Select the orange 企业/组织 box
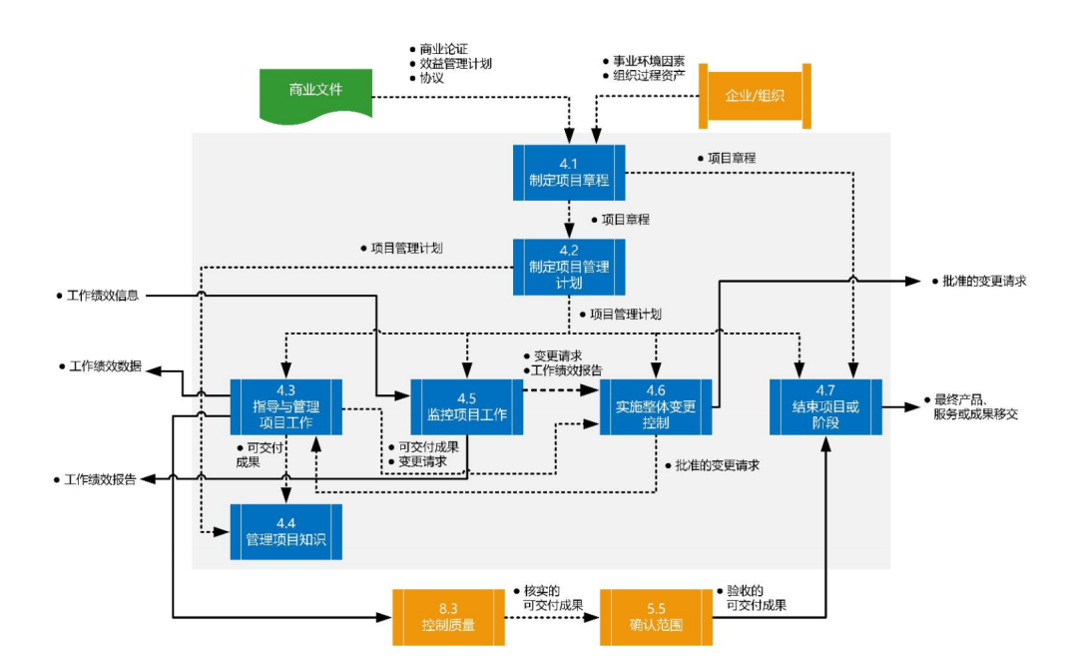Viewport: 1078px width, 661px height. pyautogui.click(x=754, y=96)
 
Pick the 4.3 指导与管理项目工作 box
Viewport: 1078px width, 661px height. pyautogui.click(x=286, y=406)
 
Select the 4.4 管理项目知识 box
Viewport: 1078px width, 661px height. pyautogui.click(x=286, y=531)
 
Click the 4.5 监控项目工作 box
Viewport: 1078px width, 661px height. pyautogui.click(x=467, y=406)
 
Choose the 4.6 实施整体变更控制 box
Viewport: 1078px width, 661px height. pyautogui.click(x=656, y=406)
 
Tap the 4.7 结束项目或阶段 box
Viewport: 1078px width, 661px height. pyautogui.click(x=826, y=406)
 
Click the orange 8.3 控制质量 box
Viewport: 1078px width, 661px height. pyautogui.click(x=448, y=617)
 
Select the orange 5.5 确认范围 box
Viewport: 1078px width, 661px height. pyautogui.click(x=656, y=617)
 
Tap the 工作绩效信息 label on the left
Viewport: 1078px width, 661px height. pyautogui.click(x=103, y=296)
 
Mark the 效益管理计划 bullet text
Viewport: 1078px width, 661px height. pyautogui.click(x=455, y=63)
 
